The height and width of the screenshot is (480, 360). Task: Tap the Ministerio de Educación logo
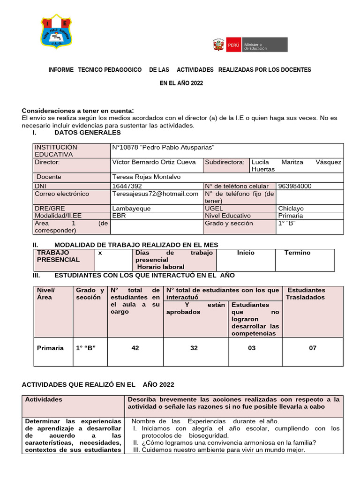[250, 45]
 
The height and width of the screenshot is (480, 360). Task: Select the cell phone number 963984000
[294, 186]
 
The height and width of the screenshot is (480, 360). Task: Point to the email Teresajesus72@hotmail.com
[156, 194]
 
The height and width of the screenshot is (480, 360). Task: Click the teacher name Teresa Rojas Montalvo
[146, 177]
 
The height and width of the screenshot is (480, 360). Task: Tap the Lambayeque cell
[131, 209]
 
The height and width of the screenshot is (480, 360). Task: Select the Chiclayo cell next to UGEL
[291, 209]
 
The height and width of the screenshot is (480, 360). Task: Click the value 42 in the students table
[135, 348]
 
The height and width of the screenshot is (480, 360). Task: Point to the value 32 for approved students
[194, 348]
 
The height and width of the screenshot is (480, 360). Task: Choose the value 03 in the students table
[252, 348]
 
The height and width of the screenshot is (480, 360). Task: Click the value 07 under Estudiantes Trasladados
[313, 348]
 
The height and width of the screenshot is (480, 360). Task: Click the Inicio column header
[246, 253]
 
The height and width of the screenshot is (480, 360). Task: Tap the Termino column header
[297, 253]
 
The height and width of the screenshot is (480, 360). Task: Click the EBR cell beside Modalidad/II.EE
[119, 216]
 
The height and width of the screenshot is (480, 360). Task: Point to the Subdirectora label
[225, 162]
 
